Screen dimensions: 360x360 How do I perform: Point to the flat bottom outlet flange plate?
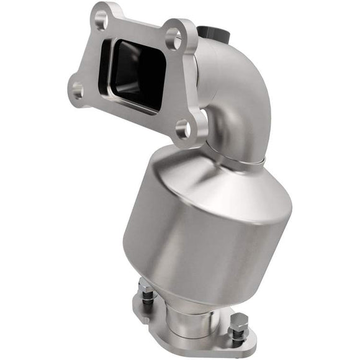click(199, 344)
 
